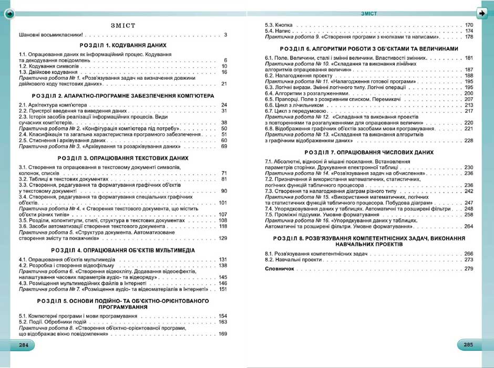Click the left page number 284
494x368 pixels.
24,345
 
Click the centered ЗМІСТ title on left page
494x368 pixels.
124,25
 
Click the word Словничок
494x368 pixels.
279,269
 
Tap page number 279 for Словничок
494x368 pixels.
469,269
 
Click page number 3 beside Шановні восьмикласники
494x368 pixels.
225,35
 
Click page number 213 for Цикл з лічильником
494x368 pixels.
469,105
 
